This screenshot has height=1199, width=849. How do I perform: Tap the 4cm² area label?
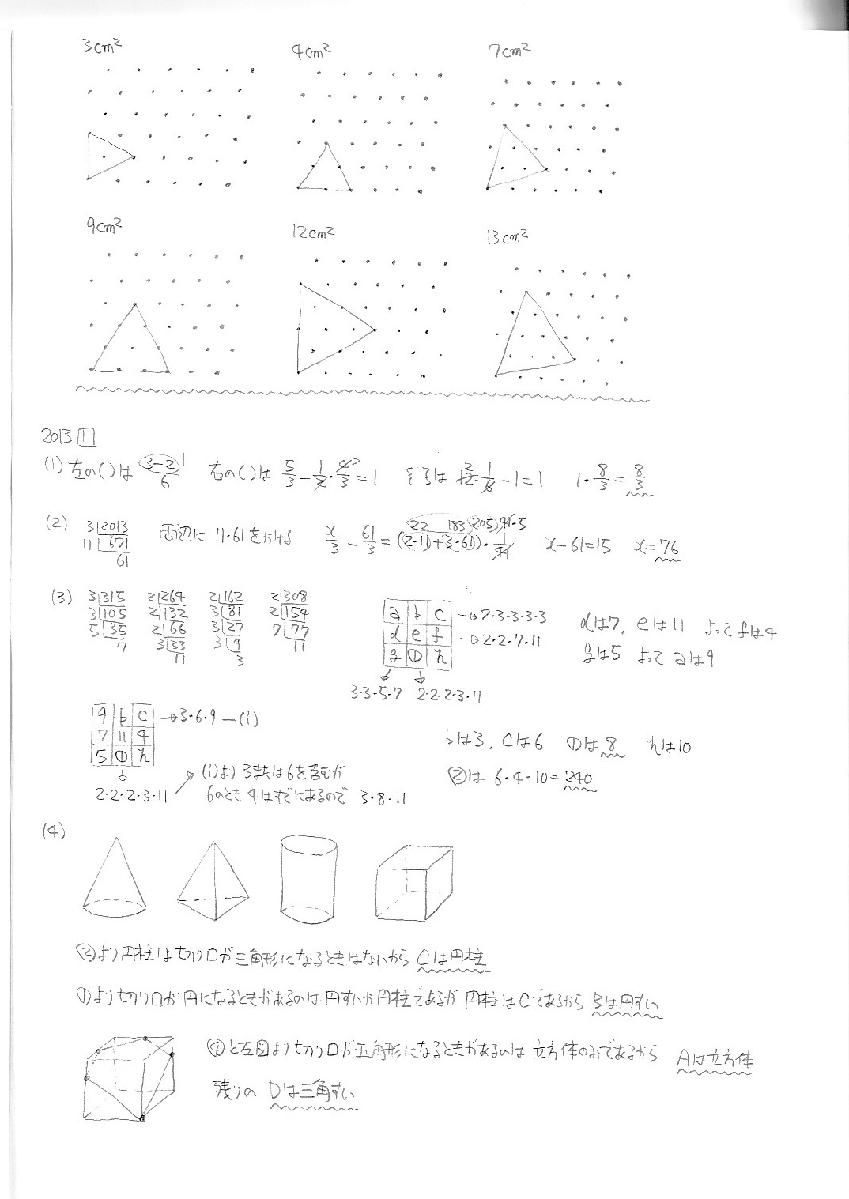pos(310,52)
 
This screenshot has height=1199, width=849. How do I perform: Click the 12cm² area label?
pos(312,232)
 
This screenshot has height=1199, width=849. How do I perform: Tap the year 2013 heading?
pos(57,435)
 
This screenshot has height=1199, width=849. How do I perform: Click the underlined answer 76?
pos(669,546)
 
